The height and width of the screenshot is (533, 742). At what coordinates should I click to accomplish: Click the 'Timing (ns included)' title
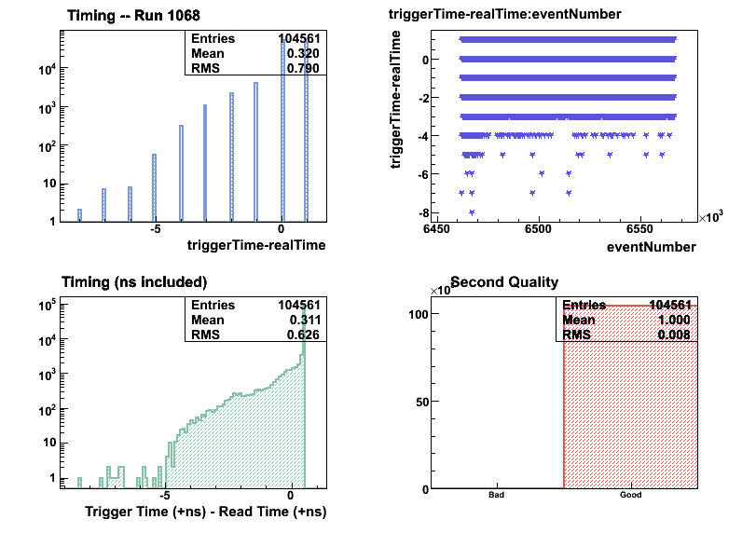click(x=133, y=281)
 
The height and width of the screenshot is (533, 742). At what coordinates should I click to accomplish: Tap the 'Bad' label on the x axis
click(x=497, y=495)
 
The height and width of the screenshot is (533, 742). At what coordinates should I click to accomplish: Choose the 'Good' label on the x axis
click(x=631, y=495)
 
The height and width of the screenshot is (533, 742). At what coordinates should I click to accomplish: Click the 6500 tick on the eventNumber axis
click(x=539, y=228)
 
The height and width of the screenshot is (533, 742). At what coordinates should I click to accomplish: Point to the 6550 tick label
click(x=640, y=228)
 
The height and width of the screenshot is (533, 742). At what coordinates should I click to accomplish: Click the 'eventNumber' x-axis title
click(x=651, y=247)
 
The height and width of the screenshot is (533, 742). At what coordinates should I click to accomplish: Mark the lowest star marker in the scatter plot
click(x=472, y=212)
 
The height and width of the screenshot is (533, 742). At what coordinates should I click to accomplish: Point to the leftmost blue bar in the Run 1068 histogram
click(x=79, y=215)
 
